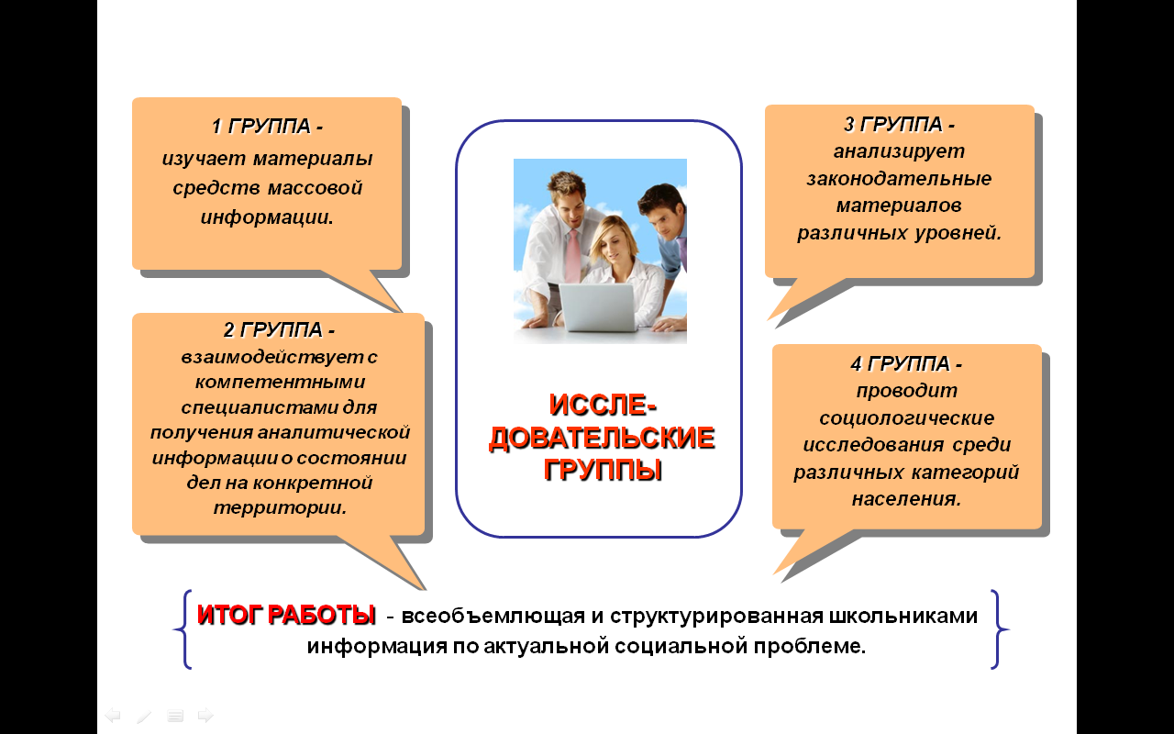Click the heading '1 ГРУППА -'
[x=267, y=127]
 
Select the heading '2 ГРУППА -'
[x=280, y=329]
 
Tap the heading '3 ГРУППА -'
[x=900, y=124]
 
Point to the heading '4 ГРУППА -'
[x=907, y=363]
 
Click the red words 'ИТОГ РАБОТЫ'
[x=286, y=615]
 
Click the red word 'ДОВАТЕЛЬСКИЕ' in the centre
[x=602, y=438]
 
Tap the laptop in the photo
[x=597, y=307]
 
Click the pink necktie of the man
[x=573, y=256]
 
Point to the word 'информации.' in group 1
[x=267, y=217]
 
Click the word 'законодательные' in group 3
[x=899, y=179]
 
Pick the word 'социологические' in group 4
[x=907, y=417]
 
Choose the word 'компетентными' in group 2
[x=280, y=382]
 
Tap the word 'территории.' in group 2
[x=280, y=507]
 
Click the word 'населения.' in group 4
[x=907, y=498]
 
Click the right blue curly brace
[x=999, y=629]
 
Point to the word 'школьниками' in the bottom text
[x=903, y=616]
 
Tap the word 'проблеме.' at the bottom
[x=810, y=647]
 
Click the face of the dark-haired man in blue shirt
[x=666, y=217]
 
